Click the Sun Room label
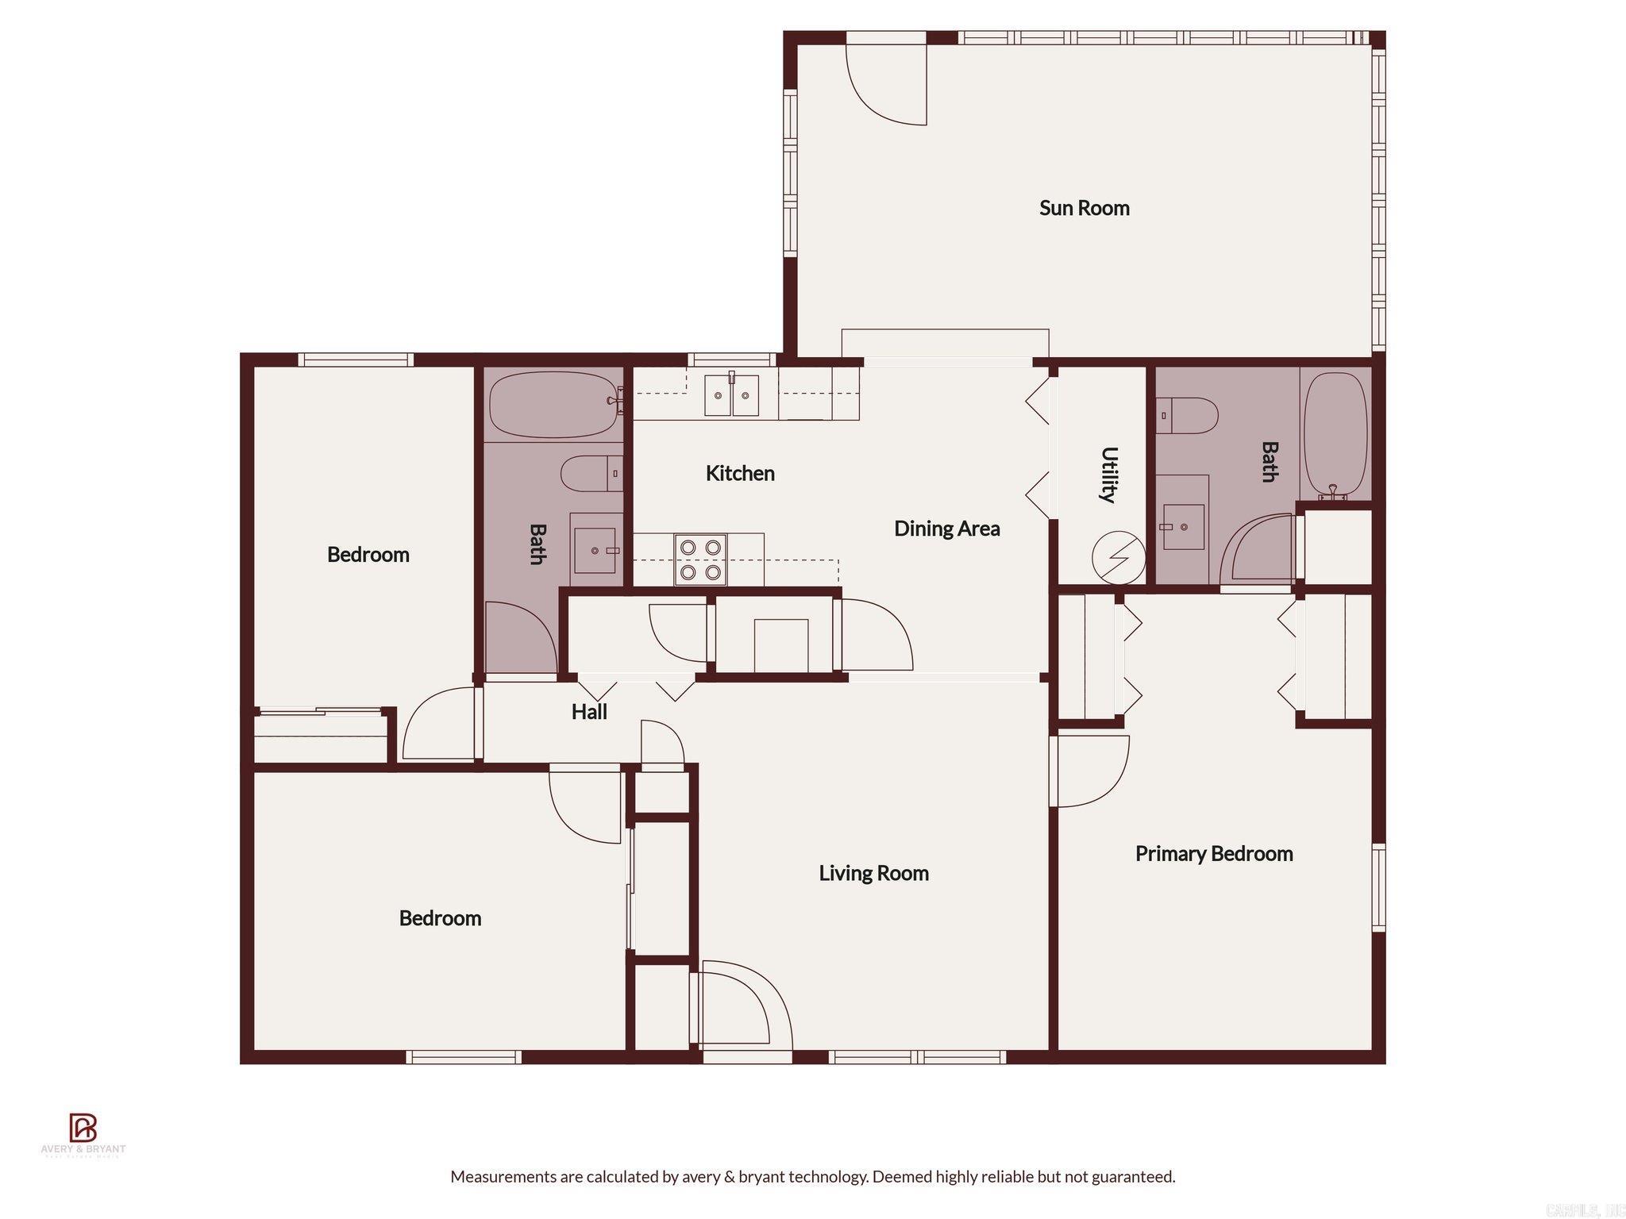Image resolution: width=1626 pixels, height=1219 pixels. point(1084,208)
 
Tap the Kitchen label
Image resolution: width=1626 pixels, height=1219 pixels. point(740,473)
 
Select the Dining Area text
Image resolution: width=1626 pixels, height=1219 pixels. point(946,529)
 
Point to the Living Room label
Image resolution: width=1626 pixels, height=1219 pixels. point(873,873)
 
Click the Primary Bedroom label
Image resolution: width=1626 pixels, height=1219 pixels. point(1213,854)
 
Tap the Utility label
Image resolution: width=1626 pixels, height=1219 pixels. point(1109,475)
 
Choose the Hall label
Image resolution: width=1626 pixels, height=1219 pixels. point(589,712)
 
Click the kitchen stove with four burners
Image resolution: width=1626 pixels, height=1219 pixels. point(700,560)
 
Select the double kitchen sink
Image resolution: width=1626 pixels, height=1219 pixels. point(732,395)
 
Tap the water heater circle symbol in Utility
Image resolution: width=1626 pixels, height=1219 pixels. point(1118,557)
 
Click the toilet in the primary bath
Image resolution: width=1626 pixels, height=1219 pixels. point(1186,416)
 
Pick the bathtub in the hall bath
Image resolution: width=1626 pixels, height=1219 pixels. point(553,405)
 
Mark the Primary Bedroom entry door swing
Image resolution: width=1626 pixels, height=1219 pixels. point(1089,771)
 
